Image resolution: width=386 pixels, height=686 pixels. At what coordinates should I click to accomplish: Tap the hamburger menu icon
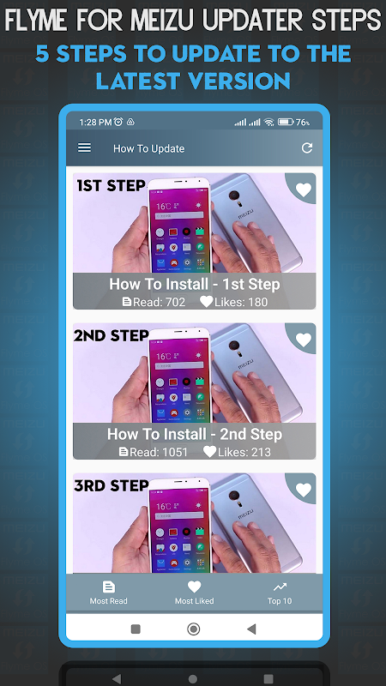pyautogui.click(x=84, y=147)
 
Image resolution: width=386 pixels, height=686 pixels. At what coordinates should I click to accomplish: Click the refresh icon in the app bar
pyautogui.click(x=307, y=147)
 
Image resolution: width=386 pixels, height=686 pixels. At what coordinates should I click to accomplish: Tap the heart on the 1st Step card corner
pyautogui.click(x=304, y=190)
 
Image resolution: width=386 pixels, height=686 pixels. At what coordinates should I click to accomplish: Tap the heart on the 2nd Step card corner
pyautogui.click(x=304, y=340)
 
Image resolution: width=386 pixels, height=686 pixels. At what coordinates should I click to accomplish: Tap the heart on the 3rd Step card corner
pyautogui.click(x=304, y=490)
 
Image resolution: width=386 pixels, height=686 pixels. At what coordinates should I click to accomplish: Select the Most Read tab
pyautogui.click(x=109, y=593)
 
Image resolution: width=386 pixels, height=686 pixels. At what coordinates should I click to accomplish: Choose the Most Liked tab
pyautogui.click(x=195, y=593)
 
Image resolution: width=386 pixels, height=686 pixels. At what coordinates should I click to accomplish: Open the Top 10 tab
pyautogui.click(x=280, y=593)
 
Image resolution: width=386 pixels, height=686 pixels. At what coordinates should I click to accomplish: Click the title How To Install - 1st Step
pyautogui.click(x=195, y=285)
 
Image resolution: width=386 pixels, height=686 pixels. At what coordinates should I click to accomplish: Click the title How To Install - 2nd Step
pyautogui.click(x=195, y=435)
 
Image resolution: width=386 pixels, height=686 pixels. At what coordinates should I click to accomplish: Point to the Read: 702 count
pyautogui.click(x=154, y=302)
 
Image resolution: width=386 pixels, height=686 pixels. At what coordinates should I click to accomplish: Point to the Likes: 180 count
pyautogui.click(x=233, y=302)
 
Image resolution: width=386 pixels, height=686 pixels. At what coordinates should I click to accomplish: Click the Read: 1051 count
pyautogui.click(x=154, y=452)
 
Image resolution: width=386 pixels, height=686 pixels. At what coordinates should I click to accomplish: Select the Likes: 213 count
pyautogui.click(x=238, y=452)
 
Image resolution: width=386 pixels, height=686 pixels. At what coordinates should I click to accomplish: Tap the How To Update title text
pyautogui.click(x=148, y=148)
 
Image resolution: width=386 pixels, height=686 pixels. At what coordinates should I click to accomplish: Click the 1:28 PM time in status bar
pyautogui.click(x=95, y=123)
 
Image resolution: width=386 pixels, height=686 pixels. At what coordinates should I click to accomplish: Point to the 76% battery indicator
pyautogui.click(x=294, y=123)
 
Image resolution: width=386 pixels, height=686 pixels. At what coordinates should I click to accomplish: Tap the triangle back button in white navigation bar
pyautogui.click(x=250, y=629)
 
